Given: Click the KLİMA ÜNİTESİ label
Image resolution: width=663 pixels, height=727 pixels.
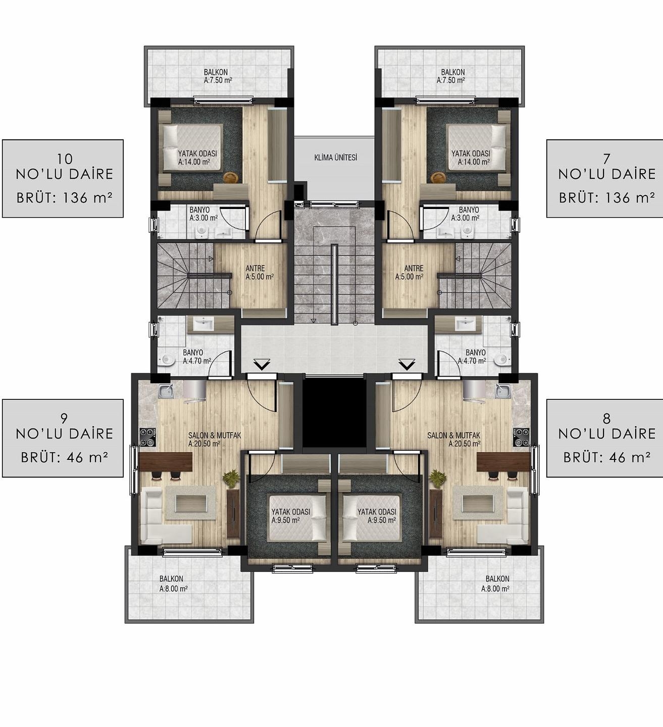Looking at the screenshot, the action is tap(336, 158).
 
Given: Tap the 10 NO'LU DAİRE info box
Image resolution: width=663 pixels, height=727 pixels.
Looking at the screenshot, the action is tap(63, 179).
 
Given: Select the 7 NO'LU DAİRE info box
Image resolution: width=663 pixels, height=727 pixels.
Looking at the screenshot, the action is tap(604, 179).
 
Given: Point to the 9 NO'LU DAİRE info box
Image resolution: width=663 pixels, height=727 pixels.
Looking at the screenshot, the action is tap(63, 438).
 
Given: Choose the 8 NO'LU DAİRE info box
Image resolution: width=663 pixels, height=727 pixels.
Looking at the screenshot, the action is tap(604, 438).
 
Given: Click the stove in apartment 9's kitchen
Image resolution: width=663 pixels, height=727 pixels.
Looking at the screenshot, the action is tap(147, 437).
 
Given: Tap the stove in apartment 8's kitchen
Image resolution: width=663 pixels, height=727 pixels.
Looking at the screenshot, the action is tap(521, 437).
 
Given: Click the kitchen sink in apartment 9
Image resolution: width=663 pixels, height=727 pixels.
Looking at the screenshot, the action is tap(166, 391).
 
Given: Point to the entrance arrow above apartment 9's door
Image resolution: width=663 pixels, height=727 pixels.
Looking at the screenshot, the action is tap(262, 364).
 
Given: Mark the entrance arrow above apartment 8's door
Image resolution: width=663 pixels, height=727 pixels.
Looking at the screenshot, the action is tap(406, 364).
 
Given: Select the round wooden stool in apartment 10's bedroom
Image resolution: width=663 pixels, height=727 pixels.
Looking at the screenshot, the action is tap(229, 177).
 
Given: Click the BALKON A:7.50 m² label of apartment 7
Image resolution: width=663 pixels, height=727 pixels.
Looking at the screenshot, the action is tap(452, 76).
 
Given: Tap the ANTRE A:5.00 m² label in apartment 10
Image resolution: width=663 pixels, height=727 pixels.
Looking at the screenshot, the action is tap(259, 273).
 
